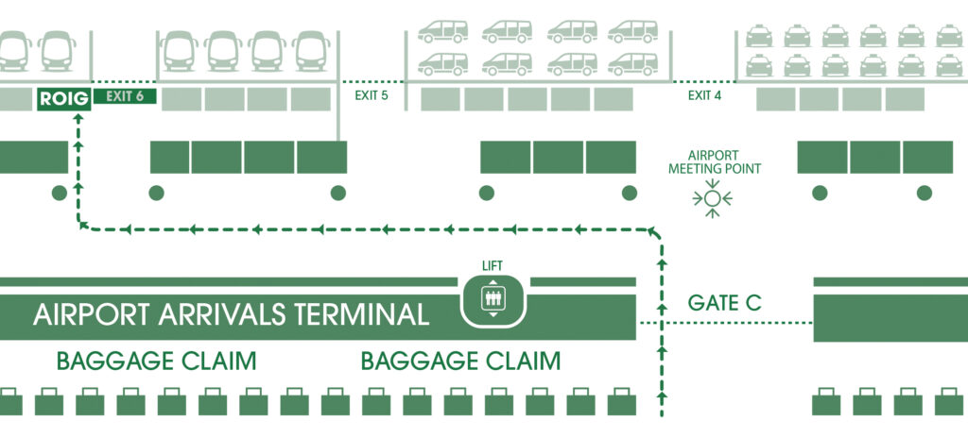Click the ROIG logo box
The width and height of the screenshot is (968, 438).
(62, 98)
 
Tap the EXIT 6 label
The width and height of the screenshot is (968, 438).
(124, 97)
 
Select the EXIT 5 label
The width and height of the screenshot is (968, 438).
(372, 96)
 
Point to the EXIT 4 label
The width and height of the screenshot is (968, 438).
(704, 96)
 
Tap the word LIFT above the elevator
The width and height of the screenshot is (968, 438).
(491, 265)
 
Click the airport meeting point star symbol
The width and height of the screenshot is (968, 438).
(713, 198)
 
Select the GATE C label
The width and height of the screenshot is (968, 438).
(725, 304)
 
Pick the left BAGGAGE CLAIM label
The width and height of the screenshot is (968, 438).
(156, 362)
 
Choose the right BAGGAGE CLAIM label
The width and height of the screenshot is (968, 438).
(461, 362)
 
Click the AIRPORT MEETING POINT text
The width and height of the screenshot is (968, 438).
(714, 162)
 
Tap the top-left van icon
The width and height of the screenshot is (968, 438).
(442, 31)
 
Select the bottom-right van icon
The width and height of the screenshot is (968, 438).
(632, 63)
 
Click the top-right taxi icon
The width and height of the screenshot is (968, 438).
(948, 35)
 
